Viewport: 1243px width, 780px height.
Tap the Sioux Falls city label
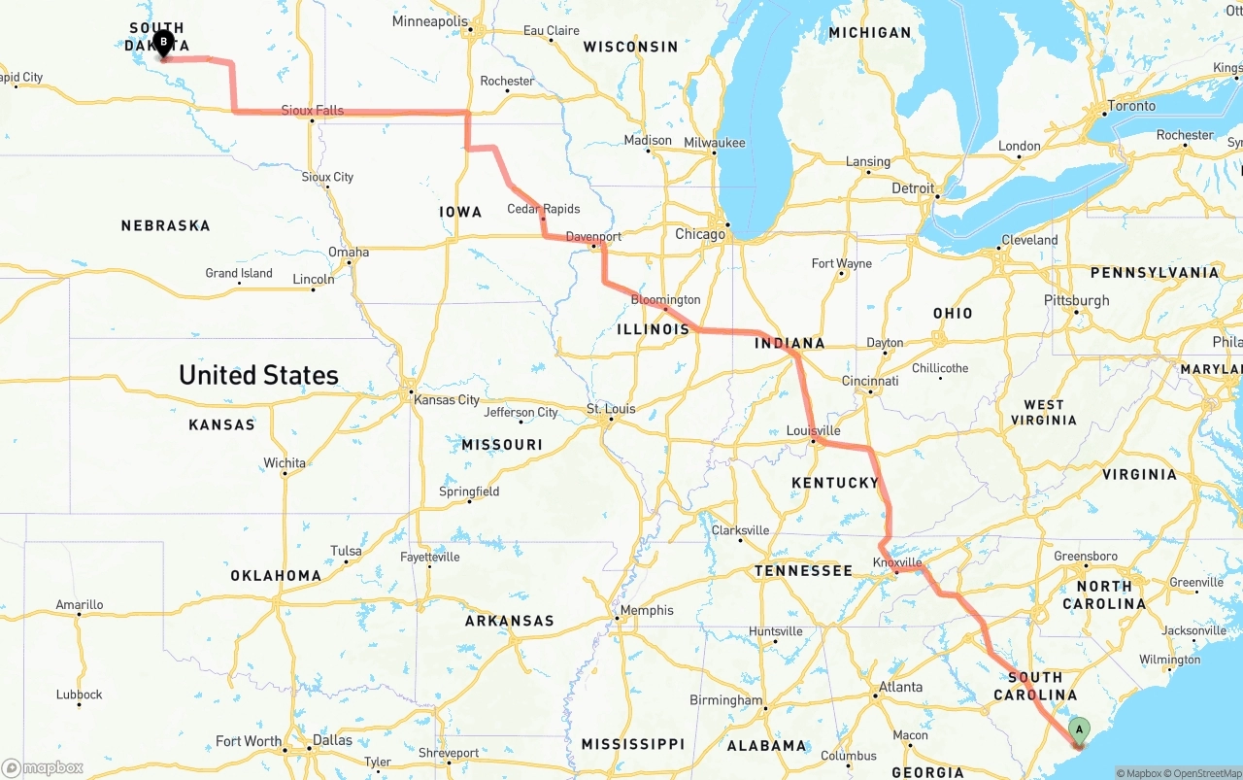[312, 111]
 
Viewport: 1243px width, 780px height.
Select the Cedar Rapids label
[543, 209]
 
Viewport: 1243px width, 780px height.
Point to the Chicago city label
[700, 234]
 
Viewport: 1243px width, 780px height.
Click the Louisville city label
[813, 430]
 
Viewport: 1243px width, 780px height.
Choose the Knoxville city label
[897, 562]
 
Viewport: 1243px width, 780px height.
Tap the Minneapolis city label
[429, 21]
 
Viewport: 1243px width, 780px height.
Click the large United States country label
[258, 375]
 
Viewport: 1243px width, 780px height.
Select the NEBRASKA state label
[165, 225]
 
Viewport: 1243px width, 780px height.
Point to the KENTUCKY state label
[834, 483]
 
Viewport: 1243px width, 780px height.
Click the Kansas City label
[447, 400]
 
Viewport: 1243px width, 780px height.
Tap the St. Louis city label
[611, 409]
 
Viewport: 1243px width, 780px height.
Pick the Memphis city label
[647, 610]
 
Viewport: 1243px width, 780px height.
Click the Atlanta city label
[900, 687]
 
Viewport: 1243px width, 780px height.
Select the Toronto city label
[1131, 106]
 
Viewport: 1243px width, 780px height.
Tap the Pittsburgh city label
[1076, 300]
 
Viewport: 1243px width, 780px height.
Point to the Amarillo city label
[80, 604]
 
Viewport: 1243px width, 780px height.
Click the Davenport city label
[593, 236]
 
